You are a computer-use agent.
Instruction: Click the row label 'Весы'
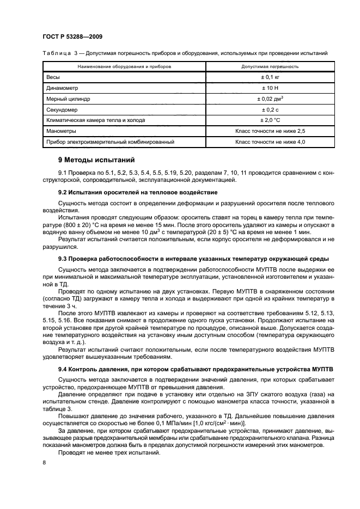click(x=53, y=77)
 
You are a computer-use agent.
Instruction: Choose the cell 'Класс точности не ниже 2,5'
click(x=270, y=131)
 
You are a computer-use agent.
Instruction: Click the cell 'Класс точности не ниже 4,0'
click(x=270, y=142)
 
